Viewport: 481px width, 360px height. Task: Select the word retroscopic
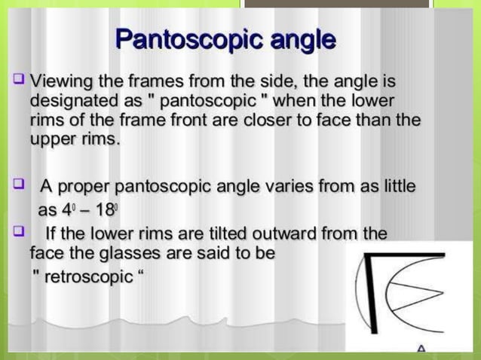[88, 276]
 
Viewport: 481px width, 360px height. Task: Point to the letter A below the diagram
[421, 349]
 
